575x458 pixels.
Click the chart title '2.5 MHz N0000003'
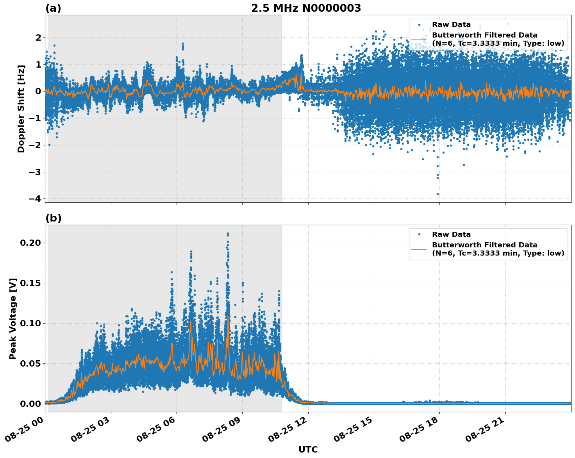(306, 8)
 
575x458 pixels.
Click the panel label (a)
(53, 8)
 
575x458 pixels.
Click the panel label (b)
(53, 218)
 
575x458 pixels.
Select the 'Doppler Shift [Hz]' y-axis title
(21, 109)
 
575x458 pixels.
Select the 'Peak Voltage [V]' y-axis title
(13, 318)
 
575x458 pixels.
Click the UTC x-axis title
(308, 449)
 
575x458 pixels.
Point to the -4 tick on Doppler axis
(35, 199)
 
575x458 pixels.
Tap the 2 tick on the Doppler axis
(38, 38)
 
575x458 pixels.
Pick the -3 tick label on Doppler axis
(35, 172)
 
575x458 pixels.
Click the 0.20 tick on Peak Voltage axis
(30, 243)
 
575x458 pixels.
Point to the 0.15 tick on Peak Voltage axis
(30, 283)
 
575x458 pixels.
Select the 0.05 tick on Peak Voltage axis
(30, 363)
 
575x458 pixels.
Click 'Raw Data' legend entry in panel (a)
(451, 25)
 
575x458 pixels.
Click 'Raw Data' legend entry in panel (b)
(451, 234)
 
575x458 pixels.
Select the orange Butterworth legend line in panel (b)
(419, 249)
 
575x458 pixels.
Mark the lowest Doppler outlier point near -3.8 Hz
(437, 194)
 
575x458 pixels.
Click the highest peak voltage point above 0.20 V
(228, 234)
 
